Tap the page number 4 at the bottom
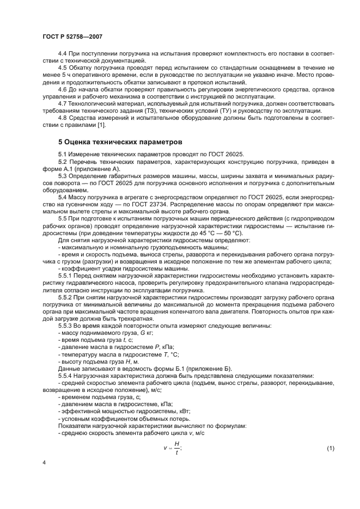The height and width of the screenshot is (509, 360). pyautogui.click(x=44, y=463)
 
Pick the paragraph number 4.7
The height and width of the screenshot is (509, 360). pyautogui.click(x=63, y=103)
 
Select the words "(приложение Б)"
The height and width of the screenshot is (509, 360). pyautogui.click(x=208, y=369)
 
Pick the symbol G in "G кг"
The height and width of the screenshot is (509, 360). pyautogui.click(x=127, y=332)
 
